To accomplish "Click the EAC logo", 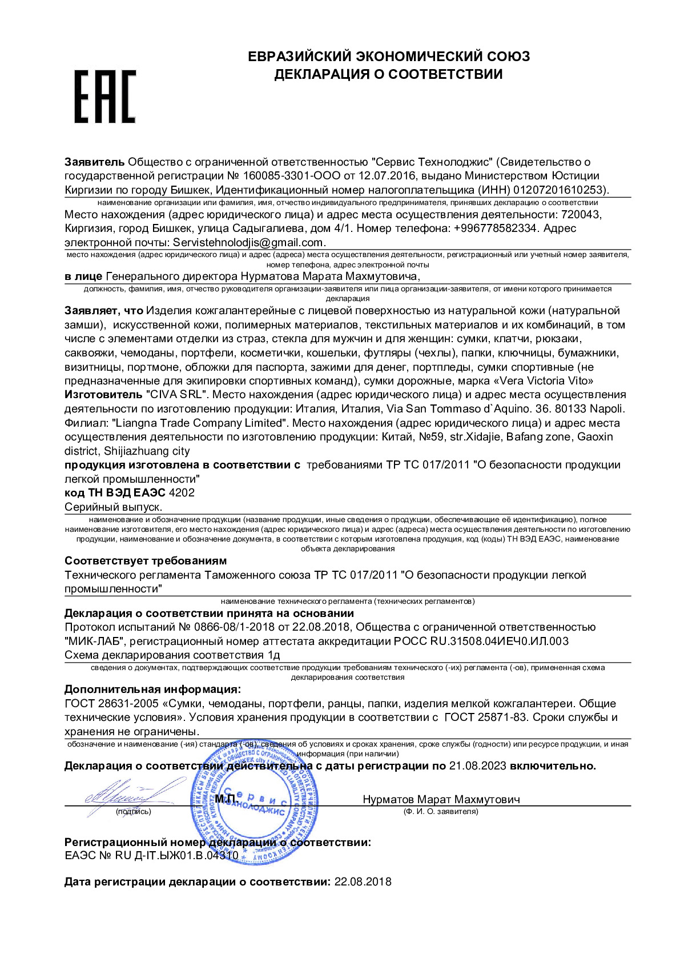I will click(x=105, y=97).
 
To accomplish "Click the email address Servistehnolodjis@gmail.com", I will click(x=249, y=242).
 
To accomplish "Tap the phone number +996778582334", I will click(x=496, y=228).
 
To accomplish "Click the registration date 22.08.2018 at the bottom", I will click(x=363, y=881).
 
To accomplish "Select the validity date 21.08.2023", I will click(x=477, y=765).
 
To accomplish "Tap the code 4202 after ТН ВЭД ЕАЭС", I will click(x=182, y=492).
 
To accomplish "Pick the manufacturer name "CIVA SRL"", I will click(x=177, y=394).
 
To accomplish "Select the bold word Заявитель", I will click(x=94, y=162).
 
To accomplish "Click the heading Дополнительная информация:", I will click(x=152, y=689).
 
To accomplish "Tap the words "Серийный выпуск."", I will click(x=113, y=507).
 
